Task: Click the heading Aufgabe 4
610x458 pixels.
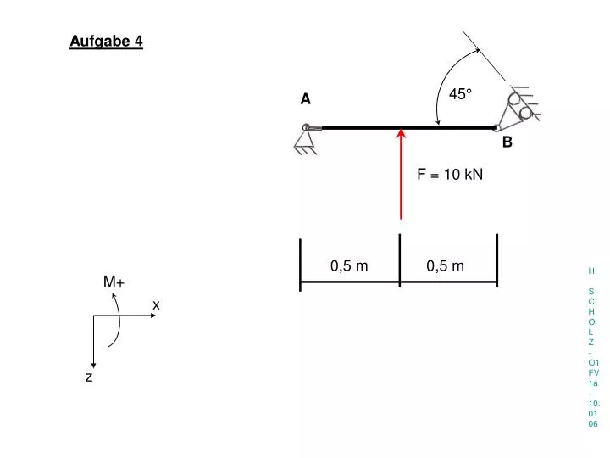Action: pyautogui.click(x=106, y=42)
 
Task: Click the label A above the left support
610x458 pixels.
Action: pyautogui.click(x=305, y=99)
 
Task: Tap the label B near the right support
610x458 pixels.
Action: pyautogui.click(x=507, y=142)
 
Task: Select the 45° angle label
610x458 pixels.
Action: pyautogui.click(x=460, y=94)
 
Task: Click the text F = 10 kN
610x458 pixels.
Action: pyautogui.click(x=450, y=174)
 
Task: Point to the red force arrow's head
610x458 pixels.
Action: pyautogui.click(x=401, y=133)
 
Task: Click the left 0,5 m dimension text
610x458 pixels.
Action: pyautogui.click(x=349, y=266)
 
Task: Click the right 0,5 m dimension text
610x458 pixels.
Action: pyautogui.click(x=445, y=266)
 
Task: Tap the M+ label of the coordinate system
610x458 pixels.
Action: pyautogui.click(x=114, y=282)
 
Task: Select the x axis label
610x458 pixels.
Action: pyautogui.click(x=156, y=305)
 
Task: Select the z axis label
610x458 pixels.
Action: pyautogui.click(x=89, y=377)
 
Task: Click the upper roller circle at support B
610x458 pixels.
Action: pyautogui.click(x=514, y=99)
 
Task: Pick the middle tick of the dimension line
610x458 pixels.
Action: pyautogui.click(x=400, y=260)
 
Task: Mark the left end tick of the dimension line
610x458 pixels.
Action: pyautogui.click(x=300, y=265)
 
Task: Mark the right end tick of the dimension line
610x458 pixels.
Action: pyautogui.click(x=497, y=260)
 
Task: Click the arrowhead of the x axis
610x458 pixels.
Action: pyautogui.click(x=153, y=316)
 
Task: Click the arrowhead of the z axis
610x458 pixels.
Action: pyautogui.click(x=93, y=366)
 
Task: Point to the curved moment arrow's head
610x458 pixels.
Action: pyautogui.click(x=114, y=296)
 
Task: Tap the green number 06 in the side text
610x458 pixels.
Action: pyautogui.click(x=593, y=424)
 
